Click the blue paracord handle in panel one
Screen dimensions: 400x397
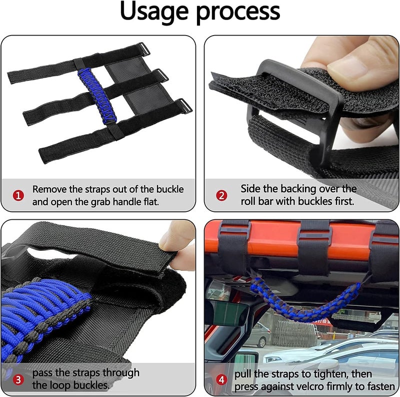pos(97,95)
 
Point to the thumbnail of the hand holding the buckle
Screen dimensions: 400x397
pos(301,108)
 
